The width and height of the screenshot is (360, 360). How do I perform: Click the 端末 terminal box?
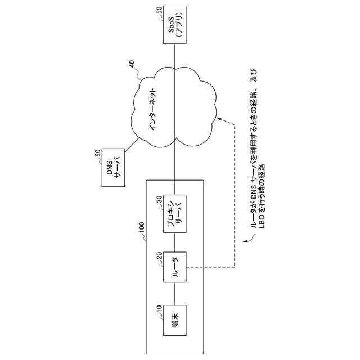point(175,320)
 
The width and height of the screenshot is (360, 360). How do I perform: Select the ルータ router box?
point(175,267)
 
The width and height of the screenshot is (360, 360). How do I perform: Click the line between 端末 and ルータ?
point(175,293)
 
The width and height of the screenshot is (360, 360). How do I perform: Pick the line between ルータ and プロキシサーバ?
point(175,240)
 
